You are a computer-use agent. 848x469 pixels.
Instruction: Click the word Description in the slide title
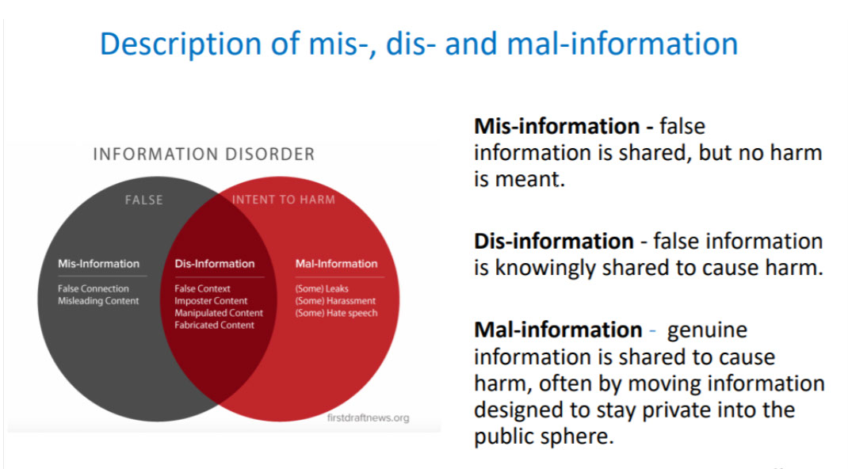click(x=181, y=44)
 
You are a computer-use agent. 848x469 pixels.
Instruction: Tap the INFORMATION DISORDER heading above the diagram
click(x=204, y=154)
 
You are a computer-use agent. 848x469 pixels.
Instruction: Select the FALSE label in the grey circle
click(x=144, y=200)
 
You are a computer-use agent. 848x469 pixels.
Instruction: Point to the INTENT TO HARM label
click(x=284, y=200)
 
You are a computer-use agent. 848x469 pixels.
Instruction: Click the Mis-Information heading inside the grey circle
click(x=98, y=264)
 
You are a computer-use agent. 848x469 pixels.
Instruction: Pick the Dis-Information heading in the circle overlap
click(x=214, y=264)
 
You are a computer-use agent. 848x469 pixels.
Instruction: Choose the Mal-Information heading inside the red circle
click(x=336, y=264)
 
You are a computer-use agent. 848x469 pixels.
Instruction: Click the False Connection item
click(x=93, y=288)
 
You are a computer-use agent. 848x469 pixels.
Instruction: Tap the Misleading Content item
click(x=98, y=301)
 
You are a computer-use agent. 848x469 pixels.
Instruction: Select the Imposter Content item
click(x=210, y=301)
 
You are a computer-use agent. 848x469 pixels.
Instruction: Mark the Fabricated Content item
click(x=214, y=326)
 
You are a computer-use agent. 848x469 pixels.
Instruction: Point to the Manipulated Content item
click(x=219, y=313)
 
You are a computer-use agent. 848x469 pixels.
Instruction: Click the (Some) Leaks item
click(x=322, y=289)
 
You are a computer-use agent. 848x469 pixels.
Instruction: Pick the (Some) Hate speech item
click(x=336, y=314)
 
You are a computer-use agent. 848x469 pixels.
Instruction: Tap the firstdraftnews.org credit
click(x=368, y=418)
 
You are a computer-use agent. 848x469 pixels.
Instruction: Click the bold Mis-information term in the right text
click(x=557, y=127)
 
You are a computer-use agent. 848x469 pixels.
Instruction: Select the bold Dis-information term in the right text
click(x=554, y=241)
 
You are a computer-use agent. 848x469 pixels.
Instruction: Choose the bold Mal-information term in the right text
click(x=558, y=330)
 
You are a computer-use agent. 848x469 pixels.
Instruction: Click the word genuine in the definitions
click(x=707, y=330)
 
